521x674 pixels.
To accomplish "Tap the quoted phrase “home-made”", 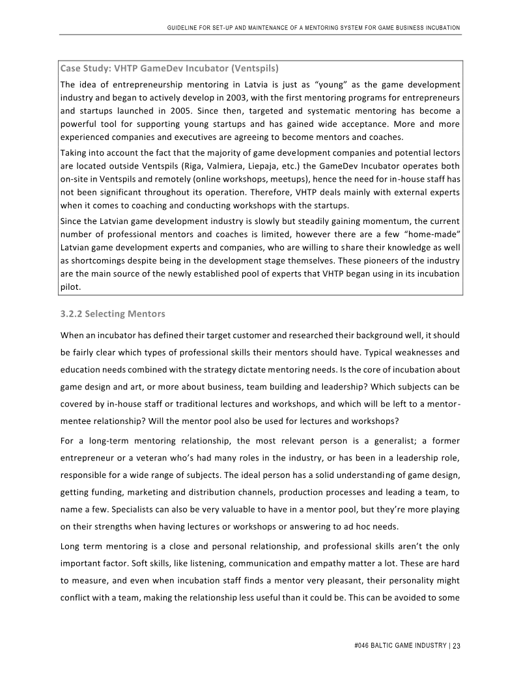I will tap(436, 234).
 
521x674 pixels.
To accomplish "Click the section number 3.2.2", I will tap(71, 314).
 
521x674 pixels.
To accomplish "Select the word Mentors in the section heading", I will tap(146, 314).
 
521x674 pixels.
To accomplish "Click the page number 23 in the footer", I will tap(457, 646).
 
